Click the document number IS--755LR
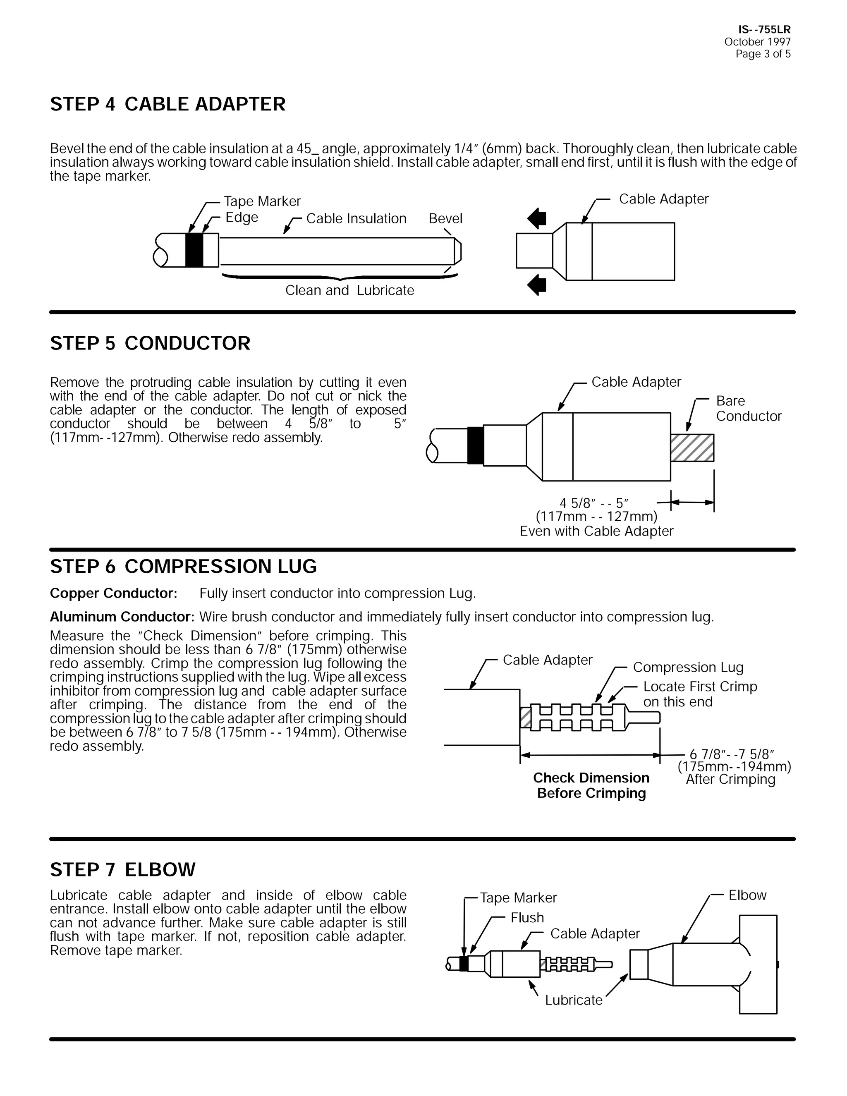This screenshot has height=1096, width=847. point(764,30)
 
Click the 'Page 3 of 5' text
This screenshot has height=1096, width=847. point(763,54)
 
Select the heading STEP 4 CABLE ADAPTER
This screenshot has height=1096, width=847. point(167,104)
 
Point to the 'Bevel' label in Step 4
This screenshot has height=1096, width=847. point(445,218)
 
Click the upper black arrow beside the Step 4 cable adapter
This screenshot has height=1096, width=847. point(537,219)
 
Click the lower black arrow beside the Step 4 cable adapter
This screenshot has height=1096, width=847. point(537,285)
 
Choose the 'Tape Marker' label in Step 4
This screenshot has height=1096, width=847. point(262,201)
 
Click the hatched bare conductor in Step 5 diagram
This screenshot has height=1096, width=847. point(692,447)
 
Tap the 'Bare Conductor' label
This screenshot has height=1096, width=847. point(748,409)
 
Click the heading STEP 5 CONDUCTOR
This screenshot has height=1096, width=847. point(150,343)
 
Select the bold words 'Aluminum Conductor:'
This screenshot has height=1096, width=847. point(122,617)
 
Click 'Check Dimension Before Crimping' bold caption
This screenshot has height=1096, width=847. point(591,785)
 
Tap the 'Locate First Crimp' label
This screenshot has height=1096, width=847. point(700,687)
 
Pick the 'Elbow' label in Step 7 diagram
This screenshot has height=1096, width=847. point(747,895)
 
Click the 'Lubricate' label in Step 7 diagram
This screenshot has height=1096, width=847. point(574,1000)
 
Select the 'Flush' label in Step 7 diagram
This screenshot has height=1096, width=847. point(527,918)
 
